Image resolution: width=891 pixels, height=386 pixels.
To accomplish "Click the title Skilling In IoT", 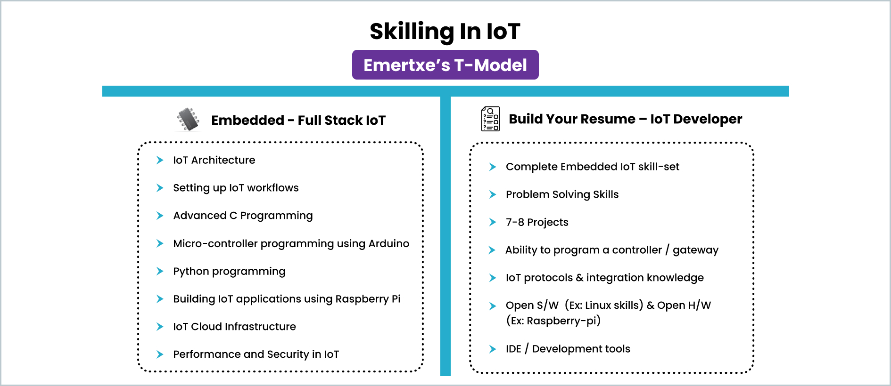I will (445, 32).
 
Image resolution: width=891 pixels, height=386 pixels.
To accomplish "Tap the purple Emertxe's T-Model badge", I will (445, 65).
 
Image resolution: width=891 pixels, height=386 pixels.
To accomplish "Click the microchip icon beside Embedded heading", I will (188, 119).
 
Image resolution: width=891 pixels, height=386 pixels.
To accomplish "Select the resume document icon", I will (490, 119).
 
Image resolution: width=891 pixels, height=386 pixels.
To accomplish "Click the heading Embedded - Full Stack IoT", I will (298, 121).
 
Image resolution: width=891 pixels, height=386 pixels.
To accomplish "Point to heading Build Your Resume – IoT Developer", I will (625, 119).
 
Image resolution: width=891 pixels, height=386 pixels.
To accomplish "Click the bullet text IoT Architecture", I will (214, 160).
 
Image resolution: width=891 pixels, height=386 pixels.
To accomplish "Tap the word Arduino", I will (388, 243).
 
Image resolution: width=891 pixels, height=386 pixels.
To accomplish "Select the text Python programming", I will (229, 272).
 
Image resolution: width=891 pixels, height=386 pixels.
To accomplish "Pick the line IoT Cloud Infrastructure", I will (234, 327).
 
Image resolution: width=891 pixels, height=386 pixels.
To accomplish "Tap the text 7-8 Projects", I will (537, 222).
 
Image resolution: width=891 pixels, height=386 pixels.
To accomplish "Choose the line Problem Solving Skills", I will (562, 194).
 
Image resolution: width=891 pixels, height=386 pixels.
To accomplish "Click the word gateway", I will (695, 250).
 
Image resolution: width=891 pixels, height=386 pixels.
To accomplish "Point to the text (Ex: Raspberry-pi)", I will (553, 321).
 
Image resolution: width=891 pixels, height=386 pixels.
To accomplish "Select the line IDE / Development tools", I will (568, 349).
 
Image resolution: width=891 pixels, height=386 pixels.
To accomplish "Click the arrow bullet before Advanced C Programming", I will (160, 216).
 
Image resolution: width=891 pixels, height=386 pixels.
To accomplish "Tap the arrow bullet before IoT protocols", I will (493, 278).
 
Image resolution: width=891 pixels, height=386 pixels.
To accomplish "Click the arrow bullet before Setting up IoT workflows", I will (160, 188).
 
